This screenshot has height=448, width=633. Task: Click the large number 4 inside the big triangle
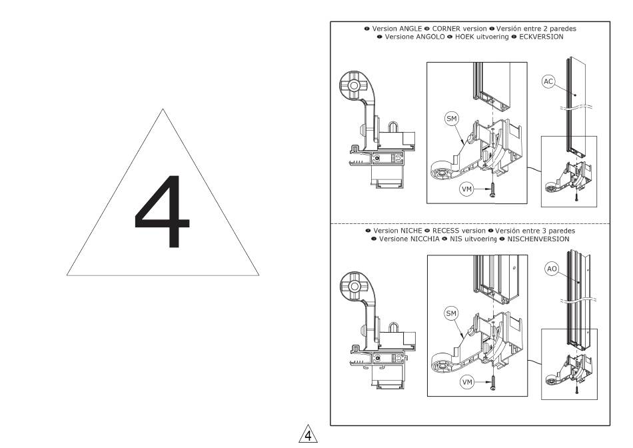162,211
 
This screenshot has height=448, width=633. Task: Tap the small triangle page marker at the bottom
308,434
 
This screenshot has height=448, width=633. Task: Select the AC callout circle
548,81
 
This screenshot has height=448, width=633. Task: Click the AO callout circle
552,269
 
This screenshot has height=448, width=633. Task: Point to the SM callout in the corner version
451,119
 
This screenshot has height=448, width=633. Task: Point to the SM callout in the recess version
451,313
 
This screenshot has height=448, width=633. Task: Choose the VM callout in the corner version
466,189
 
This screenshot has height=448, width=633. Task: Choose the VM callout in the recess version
467,382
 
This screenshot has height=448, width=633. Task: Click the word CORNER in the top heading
446,29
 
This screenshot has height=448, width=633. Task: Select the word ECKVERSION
541,37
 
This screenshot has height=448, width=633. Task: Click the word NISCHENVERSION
538,239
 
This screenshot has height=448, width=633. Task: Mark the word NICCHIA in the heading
424,239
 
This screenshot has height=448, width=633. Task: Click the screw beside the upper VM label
492,190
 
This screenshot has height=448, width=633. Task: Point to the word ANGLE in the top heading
410,29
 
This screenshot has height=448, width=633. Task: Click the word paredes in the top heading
563,29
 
